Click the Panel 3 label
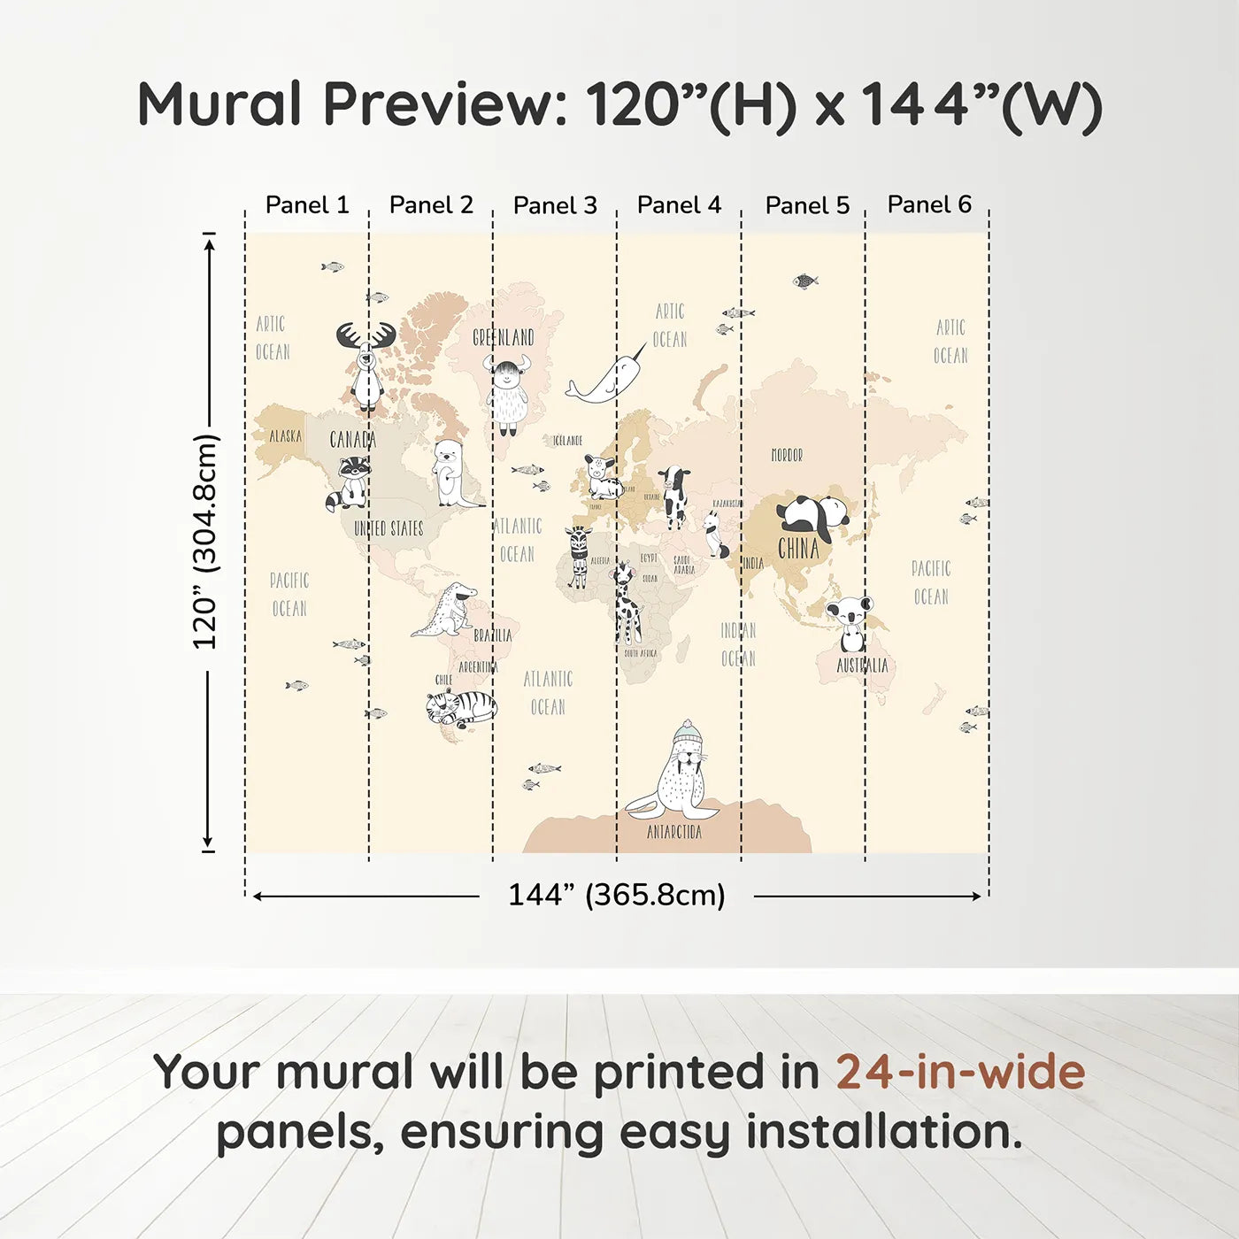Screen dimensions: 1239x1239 pyautogui.click(x=555, y=205)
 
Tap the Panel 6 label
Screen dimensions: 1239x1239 pyautogui.click(x=929, y=204)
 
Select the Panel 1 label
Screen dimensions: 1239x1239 pyautogui.click(x=307, y=205)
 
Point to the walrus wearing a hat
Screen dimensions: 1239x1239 pyautogui.click(x=677, y=773)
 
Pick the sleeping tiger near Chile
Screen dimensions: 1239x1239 pyautogui.click(x=461, y=707)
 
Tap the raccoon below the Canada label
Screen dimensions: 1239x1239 pyautogui.click(x=350, y=483)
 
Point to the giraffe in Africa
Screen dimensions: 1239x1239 pyautogui.click(x=626, y=602)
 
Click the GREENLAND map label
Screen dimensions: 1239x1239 pyautogui.click(x=503, y=337)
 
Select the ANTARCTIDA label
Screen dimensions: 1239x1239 pyautogui.click(x=673, y=832)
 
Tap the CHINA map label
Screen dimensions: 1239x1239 pyautogui.click(x=798, y=549)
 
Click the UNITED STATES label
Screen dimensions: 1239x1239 pyautogui.click(x=389, y=528)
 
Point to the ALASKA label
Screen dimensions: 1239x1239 pyautogui.click(x=285, y=436)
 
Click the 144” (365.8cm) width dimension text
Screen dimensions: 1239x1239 pyautogui.click(x=616, y=895)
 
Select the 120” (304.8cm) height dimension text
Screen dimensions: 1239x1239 pyautogui.click(x=204, y=542)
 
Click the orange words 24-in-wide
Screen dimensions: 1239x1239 pyautogui.click(x=960, y=1072)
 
